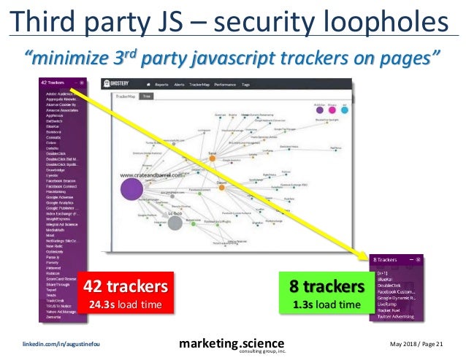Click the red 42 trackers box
coord(129,292)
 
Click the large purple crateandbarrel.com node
coord(132,189)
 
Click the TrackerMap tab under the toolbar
coord(123,95)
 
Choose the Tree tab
coord(147,95)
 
